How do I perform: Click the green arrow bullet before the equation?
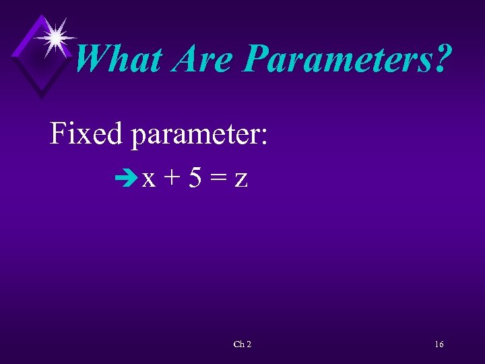(125, 179)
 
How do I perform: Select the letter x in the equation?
(149, 179)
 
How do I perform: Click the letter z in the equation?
(240, 179)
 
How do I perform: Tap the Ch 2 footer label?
(242, 344)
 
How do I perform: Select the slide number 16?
(439, 344)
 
